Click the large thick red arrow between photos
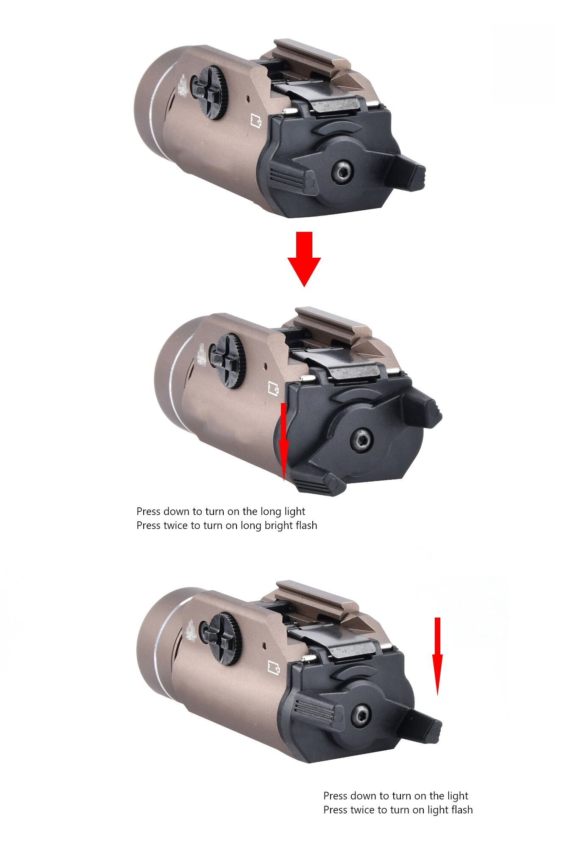[x=304, y=259]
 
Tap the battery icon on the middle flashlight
[x=274, y=388]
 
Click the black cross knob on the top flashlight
[x=210, y=92]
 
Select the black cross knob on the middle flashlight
[x=228, y=360]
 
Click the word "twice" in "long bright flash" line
[x=177, y=526]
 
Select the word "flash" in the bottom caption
[x=461, y=810]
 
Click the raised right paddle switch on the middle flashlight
[x=422, y=409]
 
